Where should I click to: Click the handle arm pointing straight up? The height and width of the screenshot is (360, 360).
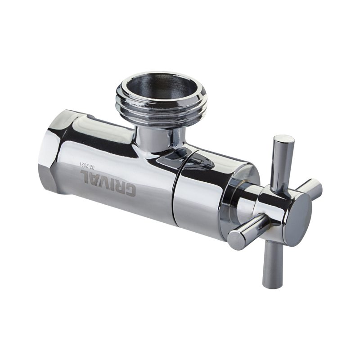(x=282, y=160)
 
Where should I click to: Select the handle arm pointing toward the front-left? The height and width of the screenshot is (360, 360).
(x=245, y=229)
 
